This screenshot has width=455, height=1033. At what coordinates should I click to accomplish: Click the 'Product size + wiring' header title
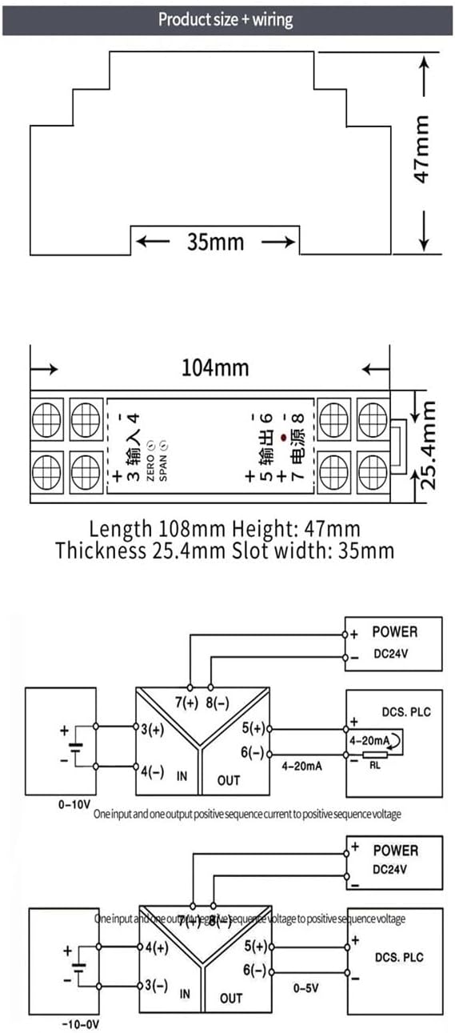226,19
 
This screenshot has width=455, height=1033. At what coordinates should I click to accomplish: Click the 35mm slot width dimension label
215,241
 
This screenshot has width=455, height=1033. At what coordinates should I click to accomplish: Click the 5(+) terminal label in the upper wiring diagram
253,728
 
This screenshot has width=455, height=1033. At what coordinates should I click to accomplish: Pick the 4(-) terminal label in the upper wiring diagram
153,772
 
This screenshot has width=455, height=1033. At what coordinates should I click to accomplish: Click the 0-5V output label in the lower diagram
305,987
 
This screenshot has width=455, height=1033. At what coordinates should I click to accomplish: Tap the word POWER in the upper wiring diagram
394,632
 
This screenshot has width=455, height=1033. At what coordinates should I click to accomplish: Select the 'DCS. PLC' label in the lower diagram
399,957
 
